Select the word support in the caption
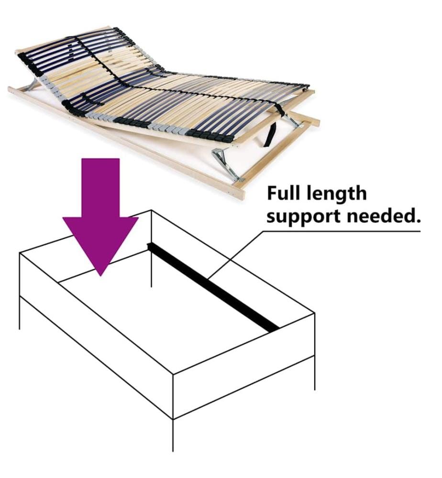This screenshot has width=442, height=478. [x=304, y=217]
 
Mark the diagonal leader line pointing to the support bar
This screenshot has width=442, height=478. [x=235, y=255]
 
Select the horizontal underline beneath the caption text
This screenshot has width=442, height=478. [x=342, y=231]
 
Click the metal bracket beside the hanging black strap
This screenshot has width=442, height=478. [x=293, y=119]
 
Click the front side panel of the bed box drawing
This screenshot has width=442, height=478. [x=97, y=336]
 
